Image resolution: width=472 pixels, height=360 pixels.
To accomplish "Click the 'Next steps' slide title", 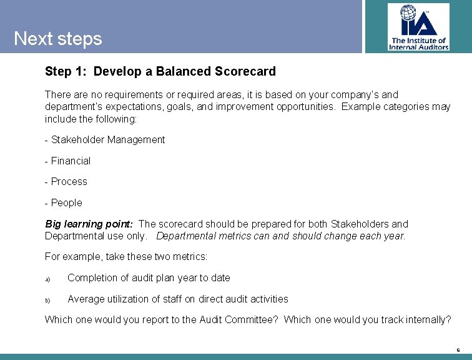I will tap(57, 39).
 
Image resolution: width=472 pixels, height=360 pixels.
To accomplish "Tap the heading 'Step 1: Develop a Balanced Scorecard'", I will tap(160, 71).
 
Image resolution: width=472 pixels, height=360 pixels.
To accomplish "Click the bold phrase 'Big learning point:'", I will tap(89, 224).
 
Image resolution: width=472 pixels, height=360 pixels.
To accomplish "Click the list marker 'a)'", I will tap(47, 278).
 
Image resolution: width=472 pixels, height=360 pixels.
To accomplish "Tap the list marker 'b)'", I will tap(47, 299).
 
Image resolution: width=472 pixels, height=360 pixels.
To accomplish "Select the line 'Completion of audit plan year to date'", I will tap(149, 278).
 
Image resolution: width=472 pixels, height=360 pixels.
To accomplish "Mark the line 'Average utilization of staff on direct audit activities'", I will tap(178, 299).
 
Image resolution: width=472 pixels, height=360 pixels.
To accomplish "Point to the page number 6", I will tap(458, 350).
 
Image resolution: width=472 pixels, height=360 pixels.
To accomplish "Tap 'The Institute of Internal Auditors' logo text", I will tap(418, 43).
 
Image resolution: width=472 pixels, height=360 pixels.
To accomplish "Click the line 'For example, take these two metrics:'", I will tap(126, 257).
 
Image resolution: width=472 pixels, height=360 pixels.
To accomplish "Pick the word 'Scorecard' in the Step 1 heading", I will tap(245, 71).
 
